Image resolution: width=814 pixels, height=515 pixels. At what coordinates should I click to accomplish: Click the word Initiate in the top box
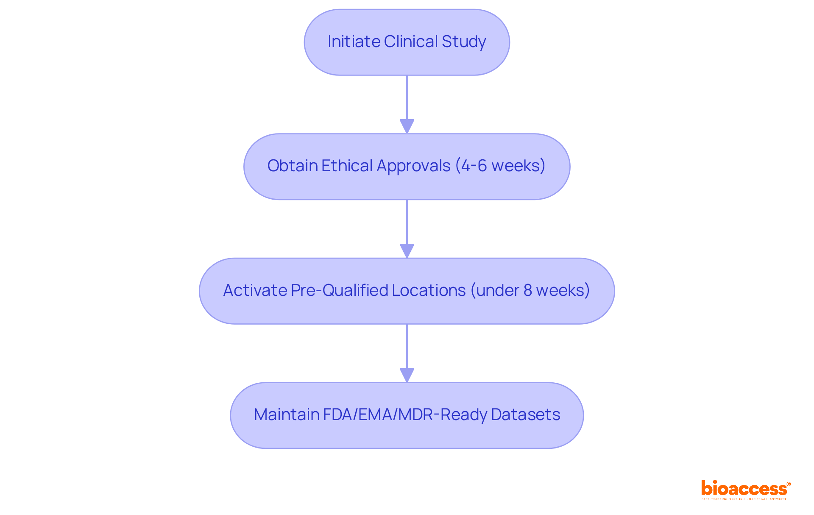click(354, 42)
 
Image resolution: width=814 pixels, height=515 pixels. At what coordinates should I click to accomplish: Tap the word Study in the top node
click(463, 42)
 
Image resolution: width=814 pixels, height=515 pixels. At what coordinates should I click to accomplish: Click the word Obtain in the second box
click(292, 166)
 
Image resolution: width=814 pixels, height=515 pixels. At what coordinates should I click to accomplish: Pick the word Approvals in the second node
click(413, 166)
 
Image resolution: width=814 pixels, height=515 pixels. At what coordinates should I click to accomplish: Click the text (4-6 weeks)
click(500, 166)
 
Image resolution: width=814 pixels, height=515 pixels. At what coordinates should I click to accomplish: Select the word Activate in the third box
click(255, 290)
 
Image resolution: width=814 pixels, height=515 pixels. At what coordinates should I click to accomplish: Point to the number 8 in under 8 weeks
click(527, 290)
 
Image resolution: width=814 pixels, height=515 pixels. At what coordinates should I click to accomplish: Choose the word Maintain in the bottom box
click(286, 415)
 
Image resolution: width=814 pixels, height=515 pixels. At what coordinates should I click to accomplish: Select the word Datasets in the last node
click(525, 415)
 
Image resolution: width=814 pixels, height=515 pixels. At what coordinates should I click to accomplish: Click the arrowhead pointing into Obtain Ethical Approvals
click(407, 126)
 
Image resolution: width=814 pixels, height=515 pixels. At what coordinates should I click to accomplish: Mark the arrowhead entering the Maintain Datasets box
click(407, 375)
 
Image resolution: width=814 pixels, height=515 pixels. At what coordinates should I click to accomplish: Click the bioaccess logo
click(744, 488)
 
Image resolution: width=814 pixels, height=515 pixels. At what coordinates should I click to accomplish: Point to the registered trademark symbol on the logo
click(789, 484)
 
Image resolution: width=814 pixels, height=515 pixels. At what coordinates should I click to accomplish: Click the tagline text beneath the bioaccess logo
click(744, 499)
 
